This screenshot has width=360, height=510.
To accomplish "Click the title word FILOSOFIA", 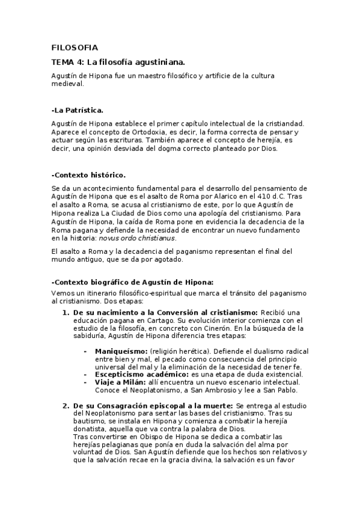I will point(75,47).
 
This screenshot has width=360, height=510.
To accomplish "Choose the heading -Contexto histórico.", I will point(88,175).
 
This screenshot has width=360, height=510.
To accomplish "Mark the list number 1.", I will point(66,313).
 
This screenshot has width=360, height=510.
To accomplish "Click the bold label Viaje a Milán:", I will point(119,382).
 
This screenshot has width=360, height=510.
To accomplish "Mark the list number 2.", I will point(66,407).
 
